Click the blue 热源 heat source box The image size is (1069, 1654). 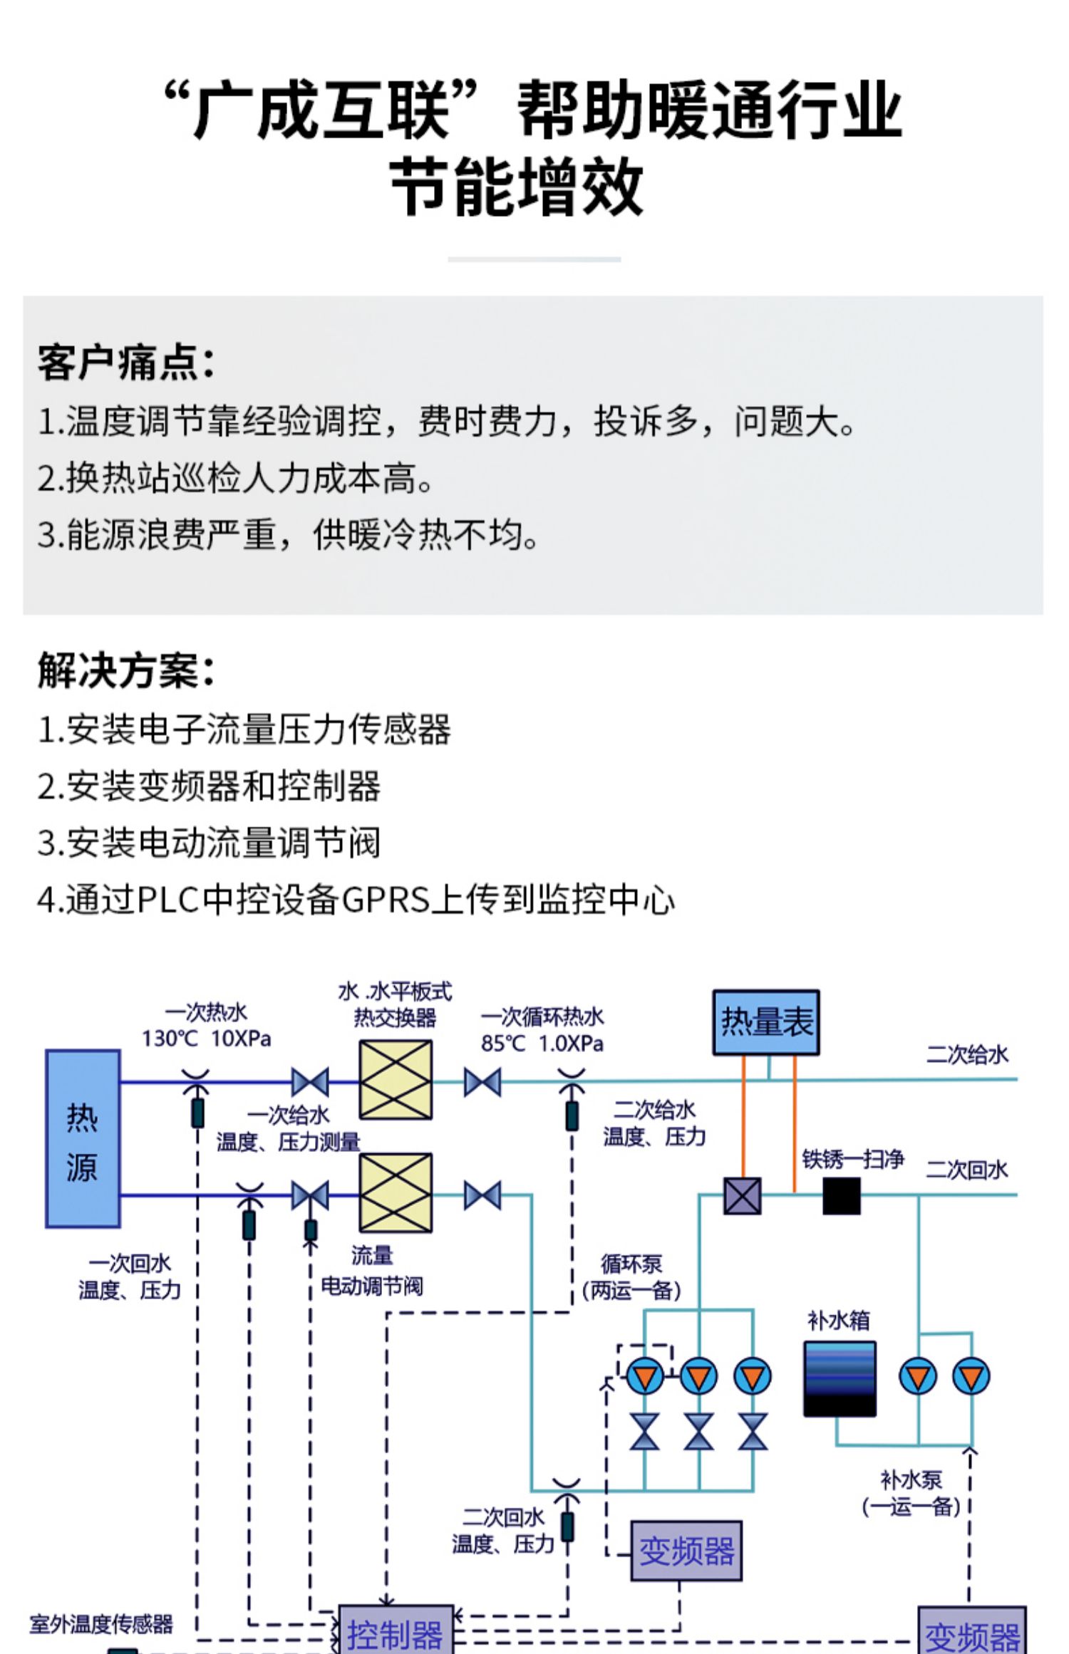83,1138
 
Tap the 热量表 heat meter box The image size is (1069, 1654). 766,1022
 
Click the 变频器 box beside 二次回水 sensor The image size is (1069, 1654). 686,1551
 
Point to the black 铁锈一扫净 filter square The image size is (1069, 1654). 842,1195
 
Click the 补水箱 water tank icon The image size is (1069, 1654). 840,1378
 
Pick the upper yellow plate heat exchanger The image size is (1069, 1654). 396,1079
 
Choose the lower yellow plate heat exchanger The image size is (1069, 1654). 396,1192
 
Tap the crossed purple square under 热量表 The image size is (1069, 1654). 743,1195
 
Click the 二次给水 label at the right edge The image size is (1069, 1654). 967,1054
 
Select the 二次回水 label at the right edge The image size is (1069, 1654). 967,1169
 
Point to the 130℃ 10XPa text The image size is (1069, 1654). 206,1039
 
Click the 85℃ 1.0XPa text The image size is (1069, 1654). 542,1044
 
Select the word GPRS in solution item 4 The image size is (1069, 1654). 387,900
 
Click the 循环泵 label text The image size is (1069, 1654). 631,1264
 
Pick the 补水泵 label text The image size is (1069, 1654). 912,1480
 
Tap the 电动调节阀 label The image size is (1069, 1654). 371,1286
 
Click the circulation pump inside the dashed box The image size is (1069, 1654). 645,1375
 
